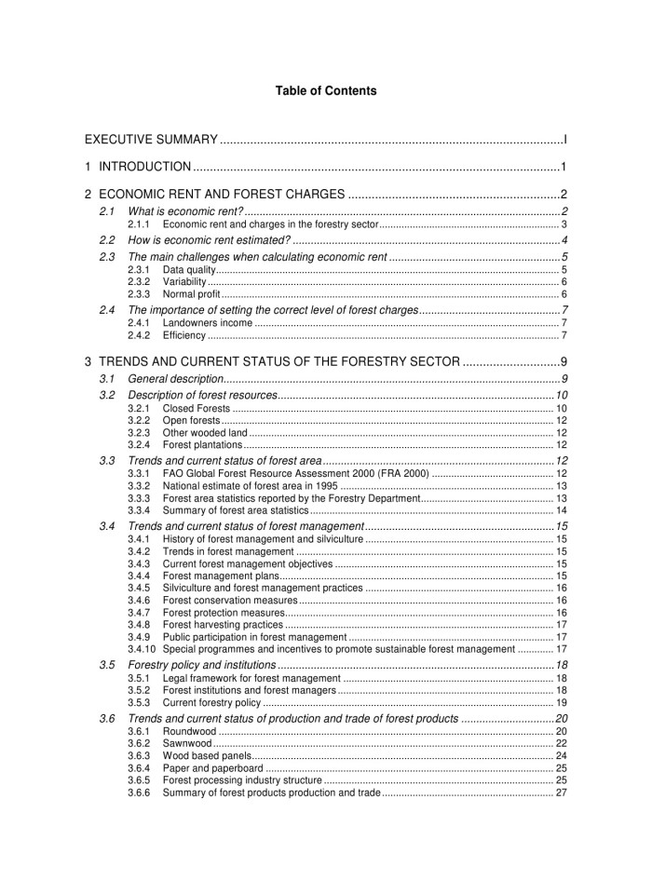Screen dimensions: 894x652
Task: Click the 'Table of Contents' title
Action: (x=326, y=91)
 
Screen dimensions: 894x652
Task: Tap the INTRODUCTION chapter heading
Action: (x=144, y=168)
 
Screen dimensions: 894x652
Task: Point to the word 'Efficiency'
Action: (x=183, y=335)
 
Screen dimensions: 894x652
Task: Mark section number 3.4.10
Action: (x=141, y=649)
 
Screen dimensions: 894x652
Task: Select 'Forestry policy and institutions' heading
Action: (x=201, y=666)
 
